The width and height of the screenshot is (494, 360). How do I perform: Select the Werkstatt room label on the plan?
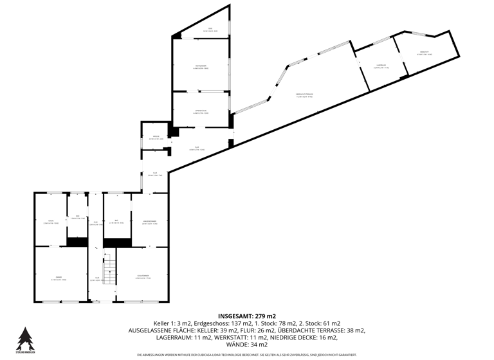pos(425,53)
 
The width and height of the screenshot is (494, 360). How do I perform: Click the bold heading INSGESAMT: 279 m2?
pos(247,316)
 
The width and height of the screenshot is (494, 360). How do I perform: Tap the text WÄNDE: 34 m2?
pos(247,344)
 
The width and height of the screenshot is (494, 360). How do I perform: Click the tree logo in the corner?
pos(24,339)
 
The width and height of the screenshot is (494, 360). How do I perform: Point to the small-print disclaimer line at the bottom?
pos(247,354)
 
